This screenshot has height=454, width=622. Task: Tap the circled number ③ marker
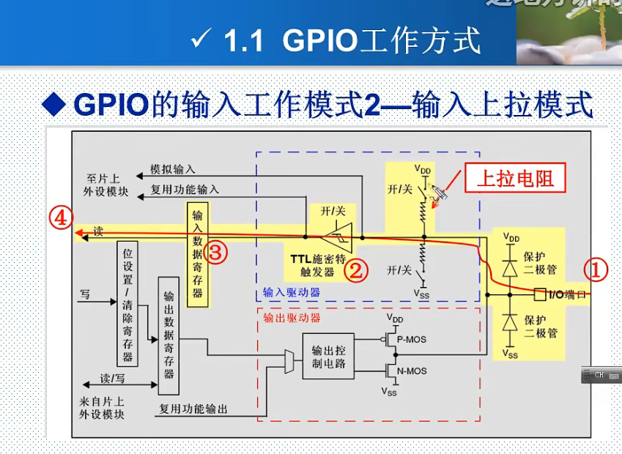click(216, 253)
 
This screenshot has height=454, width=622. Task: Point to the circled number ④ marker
click(62, 217)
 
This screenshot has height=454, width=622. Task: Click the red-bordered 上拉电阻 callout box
click(515, 178)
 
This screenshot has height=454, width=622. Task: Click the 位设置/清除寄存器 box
click(127, 303)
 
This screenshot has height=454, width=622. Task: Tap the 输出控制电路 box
click(328, 356)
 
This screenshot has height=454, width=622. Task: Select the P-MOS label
click(410, 340)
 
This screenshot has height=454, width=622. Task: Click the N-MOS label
click(410, 371)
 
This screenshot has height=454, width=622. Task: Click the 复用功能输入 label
click(185, 189)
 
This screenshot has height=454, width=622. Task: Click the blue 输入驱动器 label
click(292, 292)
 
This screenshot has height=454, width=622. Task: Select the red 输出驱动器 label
click(292, 318)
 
